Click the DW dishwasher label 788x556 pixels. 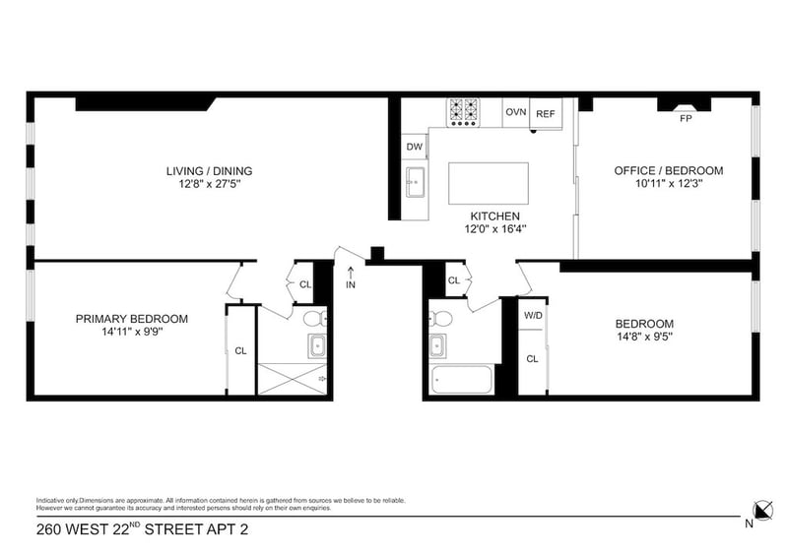click(x=414, y=147)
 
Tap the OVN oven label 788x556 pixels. click(x=515, y=112)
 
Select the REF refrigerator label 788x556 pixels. click(x=546, y=114)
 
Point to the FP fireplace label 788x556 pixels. click(x=686, y=118)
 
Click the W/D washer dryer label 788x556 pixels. click(x=533, y=316)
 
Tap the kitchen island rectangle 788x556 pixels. click(x=488, y=183)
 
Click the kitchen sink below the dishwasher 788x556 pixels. click(x=415, y=182)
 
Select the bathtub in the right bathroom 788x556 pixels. click(x=462, y=379)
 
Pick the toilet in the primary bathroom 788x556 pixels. click(x=315, y=319)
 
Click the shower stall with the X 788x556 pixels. click(x=292, y=379)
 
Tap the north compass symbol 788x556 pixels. click(x=762, y=511)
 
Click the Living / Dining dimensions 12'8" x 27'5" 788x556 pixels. click(x=210, y=184)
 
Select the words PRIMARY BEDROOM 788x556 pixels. click(x=132, y=319)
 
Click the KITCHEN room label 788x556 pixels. click(x=495, y=216)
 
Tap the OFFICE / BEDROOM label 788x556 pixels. click(x=669, y=171)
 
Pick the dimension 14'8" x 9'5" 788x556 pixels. click(x=645, y=337)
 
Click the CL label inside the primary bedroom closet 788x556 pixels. click(x=240, y=351)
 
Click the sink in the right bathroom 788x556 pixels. click(x=437, y=345)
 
